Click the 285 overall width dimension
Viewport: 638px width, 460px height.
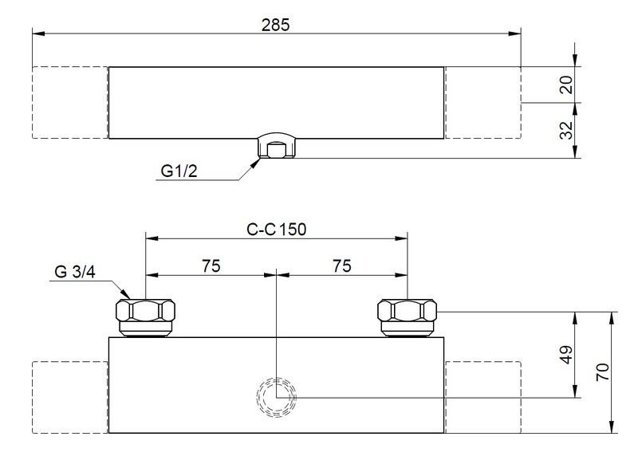275,26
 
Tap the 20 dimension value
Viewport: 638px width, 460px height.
566,85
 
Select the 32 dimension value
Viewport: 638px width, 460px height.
566,130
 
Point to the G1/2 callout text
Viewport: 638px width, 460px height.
179,171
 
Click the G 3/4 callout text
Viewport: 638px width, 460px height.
75,272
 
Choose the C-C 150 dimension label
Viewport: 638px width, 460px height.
276,230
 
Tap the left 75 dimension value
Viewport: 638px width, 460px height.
211,266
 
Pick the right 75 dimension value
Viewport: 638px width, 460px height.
342,266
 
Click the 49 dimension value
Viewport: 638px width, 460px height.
566,355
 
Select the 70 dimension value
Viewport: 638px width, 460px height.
603,372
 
